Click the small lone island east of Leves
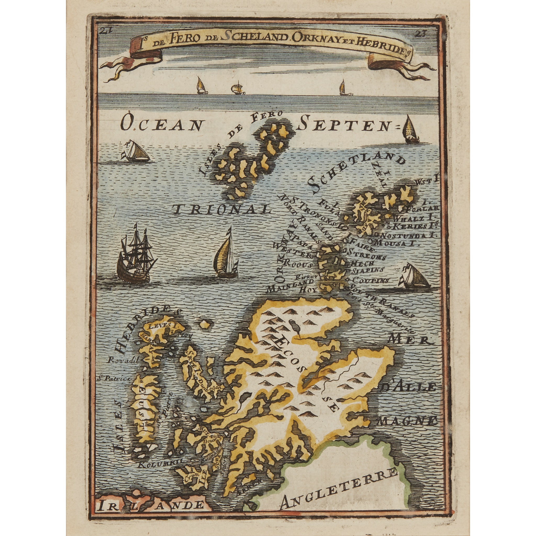[205, 324]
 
